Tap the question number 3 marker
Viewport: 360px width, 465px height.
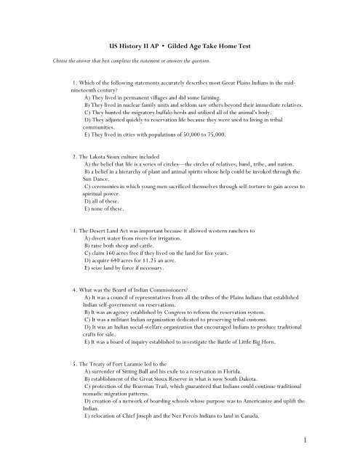click(76, 230)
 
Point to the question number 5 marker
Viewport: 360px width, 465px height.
click(76, 362)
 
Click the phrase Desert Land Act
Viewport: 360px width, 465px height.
click(114, 230)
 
